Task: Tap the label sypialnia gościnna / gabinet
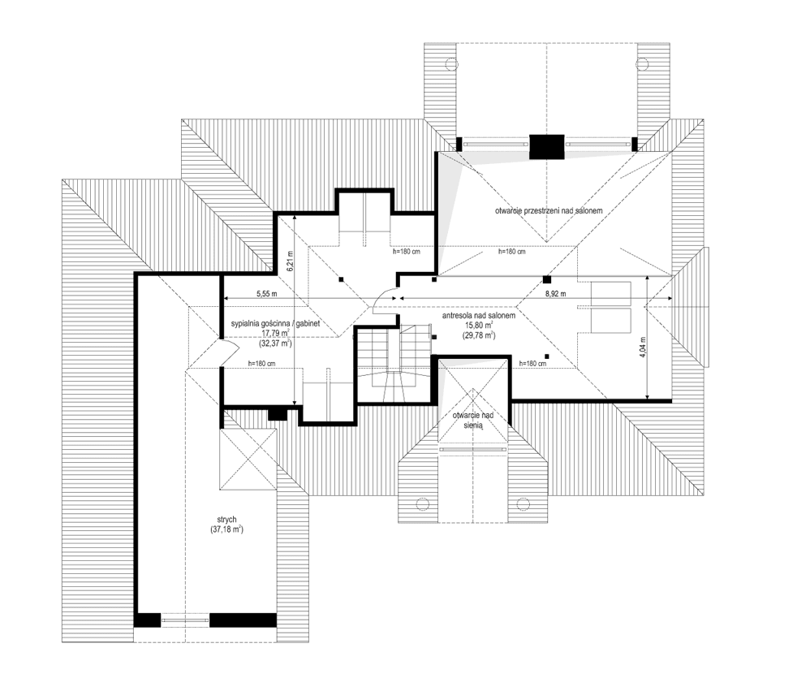[x=276, y=323]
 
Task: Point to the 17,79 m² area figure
[x=276, y=333]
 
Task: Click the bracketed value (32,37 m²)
[x=276, y=343]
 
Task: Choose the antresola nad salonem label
[x=479, y=315]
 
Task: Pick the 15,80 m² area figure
[x=479, y=325]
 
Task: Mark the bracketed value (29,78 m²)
[x=479, y=335]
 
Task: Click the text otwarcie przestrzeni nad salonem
[x=549, y=211]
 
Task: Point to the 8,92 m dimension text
[x=555, y=292]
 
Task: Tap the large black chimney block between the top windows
[x=546, y=146]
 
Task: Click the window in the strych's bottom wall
[x=185, y=620]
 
